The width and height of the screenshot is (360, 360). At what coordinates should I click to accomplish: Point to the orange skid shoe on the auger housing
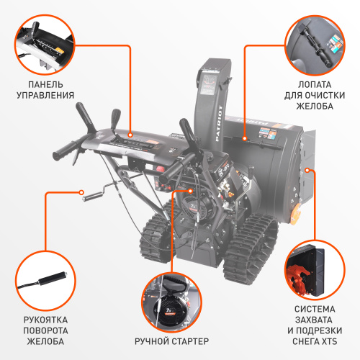click(x=295, y=214)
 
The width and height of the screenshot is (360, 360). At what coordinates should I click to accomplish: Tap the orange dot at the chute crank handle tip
click(x=81, y=192)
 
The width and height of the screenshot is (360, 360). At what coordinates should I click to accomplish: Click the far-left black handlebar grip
click(x=63, y=152)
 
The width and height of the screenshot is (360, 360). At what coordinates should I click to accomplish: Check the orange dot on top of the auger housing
click(x=244, y=136)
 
